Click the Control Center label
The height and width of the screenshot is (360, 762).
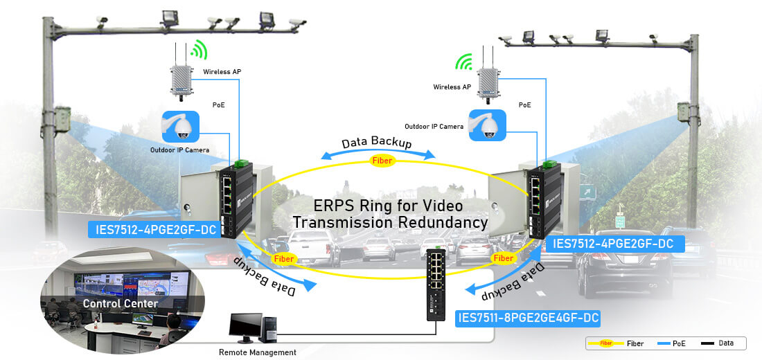pyautogui.click(x=121, y=303)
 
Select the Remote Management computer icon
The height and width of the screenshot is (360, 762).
pyautogui.click(x=250, y=329)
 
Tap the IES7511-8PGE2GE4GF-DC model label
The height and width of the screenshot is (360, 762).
pyautogui.click(x=527, y=318)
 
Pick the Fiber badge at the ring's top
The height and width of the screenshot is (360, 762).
pyautogui.click(x=383, y=161)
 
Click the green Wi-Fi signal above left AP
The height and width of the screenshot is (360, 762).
pyautogui.click(x=198, y=51)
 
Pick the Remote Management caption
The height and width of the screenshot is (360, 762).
pyautogui.click(x=257, y=352)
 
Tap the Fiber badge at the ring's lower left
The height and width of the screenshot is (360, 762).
pyautogui.click(x=284, y=258)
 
